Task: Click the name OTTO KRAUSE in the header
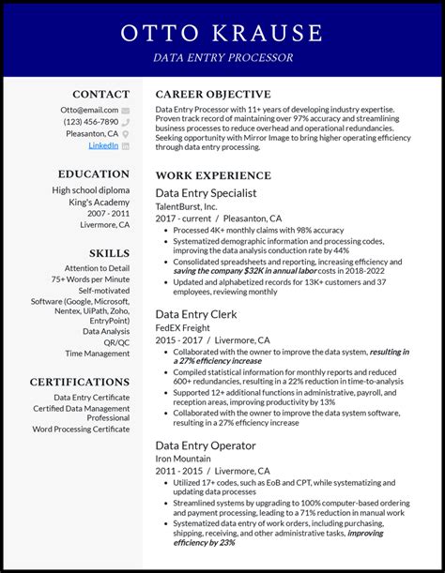(222, 34)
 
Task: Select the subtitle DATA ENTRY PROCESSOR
(222, 58)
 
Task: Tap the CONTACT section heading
(101, 94)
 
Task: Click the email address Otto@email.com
(91, 110)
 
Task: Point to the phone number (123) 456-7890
(91, 122)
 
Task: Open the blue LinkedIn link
(103, 145)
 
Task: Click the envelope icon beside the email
(125, 111)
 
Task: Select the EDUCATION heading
(93, 173)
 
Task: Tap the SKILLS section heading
(110, 253)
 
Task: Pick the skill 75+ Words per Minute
(90, 279)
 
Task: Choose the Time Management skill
(98, 354)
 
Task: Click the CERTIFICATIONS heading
(80, 382)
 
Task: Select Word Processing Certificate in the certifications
(81, 429)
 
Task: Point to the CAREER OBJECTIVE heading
(213, 94)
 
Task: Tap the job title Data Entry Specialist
(206, 192)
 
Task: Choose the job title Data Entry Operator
(205, 445)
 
